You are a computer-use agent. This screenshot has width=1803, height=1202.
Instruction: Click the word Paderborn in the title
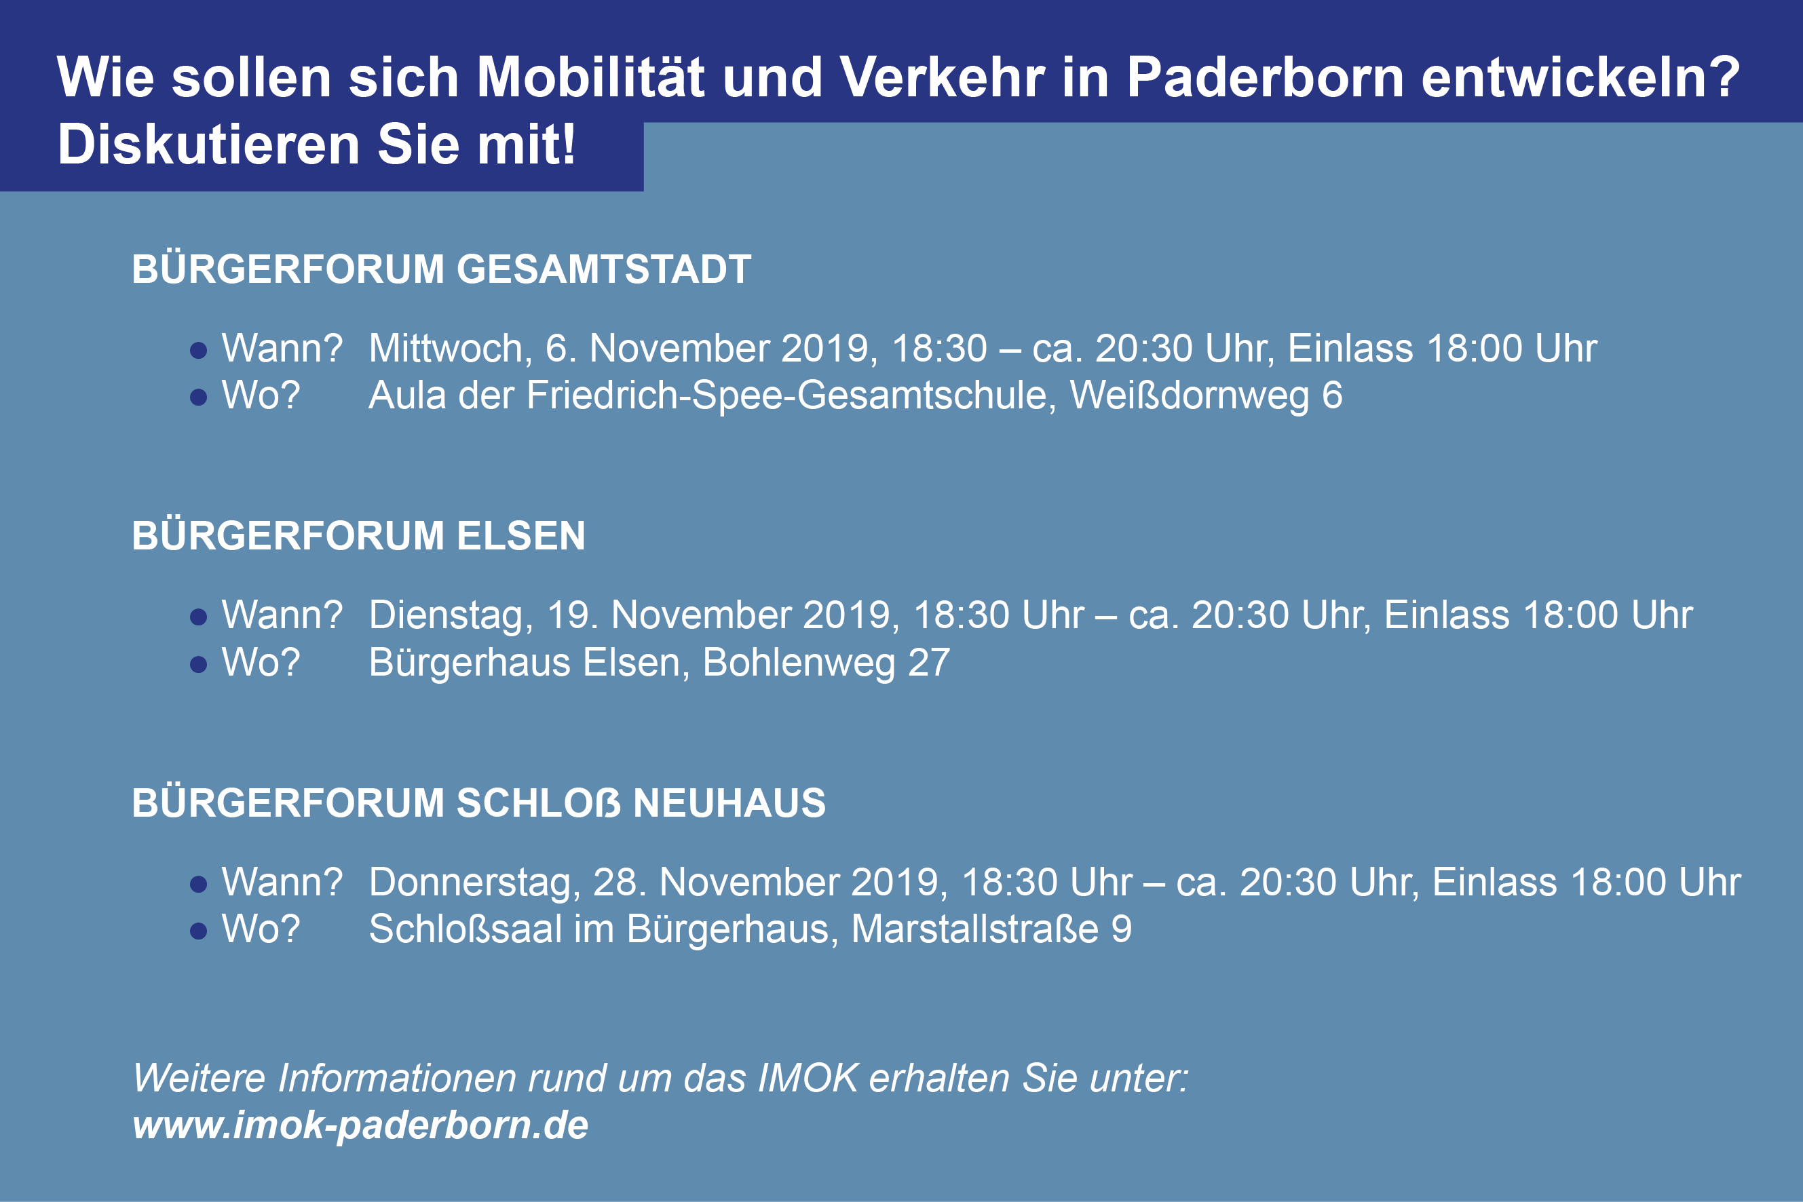point(1265,77)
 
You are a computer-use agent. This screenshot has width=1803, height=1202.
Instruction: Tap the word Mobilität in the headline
point(590,77)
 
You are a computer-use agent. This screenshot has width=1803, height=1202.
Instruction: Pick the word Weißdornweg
point(1190,396)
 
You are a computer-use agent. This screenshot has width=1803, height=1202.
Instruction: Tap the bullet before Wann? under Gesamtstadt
point(199,350)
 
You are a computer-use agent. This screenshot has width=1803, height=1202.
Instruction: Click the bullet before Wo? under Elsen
point(199,664)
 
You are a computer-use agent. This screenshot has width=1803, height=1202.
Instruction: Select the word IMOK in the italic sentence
point(808,1078)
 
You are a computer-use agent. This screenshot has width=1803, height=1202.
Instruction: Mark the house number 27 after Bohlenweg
point(930,662)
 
